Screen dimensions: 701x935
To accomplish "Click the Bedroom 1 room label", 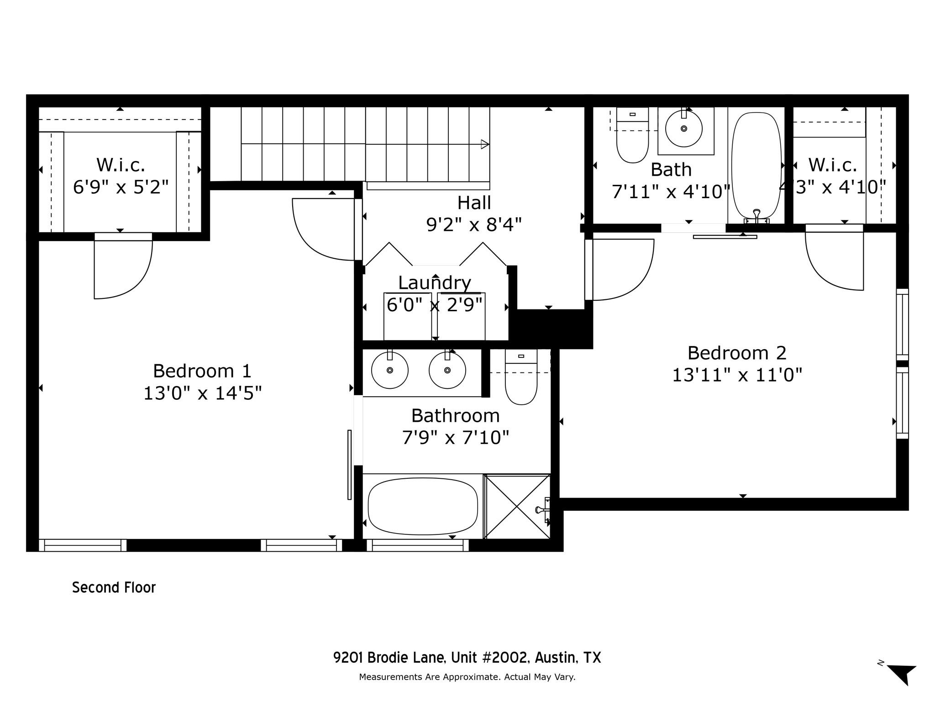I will click(x=202, y=371).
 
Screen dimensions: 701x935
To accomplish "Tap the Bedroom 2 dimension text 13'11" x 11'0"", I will click(x=737, y=375).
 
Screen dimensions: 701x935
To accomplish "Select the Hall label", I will click(x=474, y=203).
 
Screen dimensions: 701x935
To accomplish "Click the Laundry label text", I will click(x=434, y=283).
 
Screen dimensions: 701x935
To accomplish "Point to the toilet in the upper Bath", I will click(x=632, y=141).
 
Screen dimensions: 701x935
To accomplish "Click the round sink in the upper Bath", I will click(x=683, y=129).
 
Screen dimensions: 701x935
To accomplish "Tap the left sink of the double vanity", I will click(x=389, y=370).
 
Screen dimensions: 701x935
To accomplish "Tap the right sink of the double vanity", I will click(x=447, y=370).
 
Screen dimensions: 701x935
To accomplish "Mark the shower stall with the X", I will click(x=517, y=507).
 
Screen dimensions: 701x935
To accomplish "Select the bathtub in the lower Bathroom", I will click(x=422, y=507).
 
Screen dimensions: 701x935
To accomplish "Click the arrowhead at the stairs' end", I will click(x=485, y=145).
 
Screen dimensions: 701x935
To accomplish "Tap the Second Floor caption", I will click(x=114, y=587).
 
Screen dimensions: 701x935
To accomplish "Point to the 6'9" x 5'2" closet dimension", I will click(x=121, y=187).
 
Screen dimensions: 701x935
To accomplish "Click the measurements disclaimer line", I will click(x=467, y=677).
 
